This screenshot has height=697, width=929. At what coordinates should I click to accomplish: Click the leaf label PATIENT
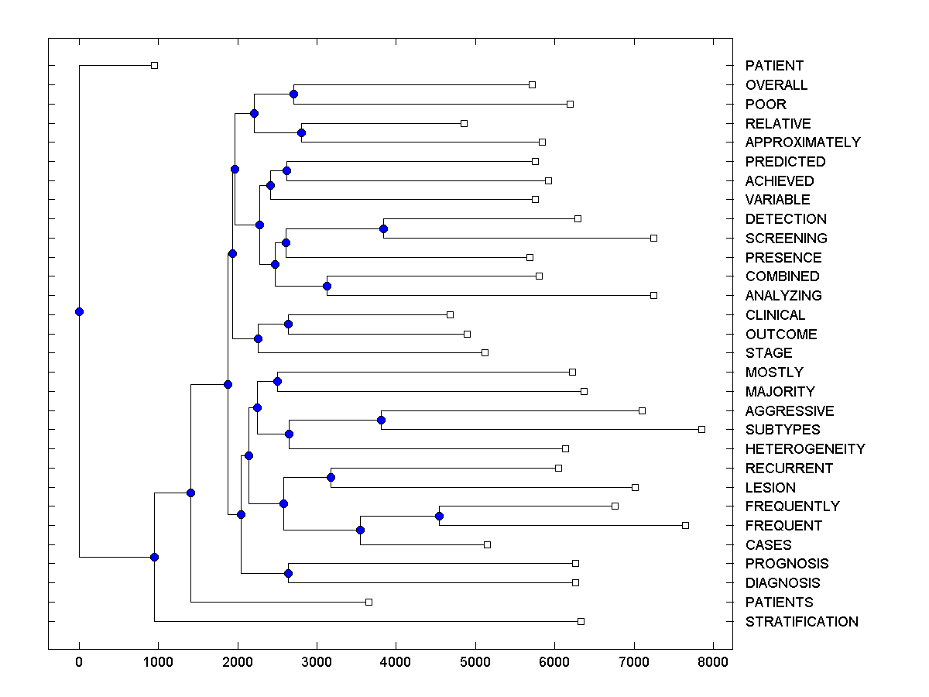pos(774,66)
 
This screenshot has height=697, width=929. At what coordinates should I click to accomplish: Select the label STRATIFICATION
pos(801,621)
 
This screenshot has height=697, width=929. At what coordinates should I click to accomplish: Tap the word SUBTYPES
pos(783,430)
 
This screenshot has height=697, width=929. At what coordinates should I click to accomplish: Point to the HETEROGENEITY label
pos(805,449)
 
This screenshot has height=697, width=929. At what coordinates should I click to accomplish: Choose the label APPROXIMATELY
pos(803,142)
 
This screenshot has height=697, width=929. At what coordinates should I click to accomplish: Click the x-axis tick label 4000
pos(396,662)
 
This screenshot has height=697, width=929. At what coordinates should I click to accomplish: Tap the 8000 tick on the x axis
pos(713,662)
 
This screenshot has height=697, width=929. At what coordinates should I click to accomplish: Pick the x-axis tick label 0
pos(79,662)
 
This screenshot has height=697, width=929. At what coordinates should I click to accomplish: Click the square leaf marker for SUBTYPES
pos(701,429)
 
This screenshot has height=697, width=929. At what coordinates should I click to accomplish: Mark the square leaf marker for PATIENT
pos(154,65)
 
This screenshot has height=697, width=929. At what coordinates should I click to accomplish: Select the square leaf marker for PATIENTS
pos(369,602)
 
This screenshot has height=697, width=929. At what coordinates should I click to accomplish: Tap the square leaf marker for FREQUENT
pos(685,525)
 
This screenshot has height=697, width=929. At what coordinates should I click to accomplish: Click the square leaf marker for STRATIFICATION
pos(581,621)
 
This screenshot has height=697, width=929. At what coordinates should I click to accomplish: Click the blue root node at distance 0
pos(79,311)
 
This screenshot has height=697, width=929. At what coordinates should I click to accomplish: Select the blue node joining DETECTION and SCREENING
pos(383,228)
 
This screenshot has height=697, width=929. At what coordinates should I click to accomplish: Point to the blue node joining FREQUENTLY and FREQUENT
pos(439,516)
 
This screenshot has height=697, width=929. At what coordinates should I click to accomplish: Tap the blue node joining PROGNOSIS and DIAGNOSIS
pos(288,573)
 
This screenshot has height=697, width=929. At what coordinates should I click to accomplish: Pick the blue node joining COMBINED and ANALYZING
pos(327,286)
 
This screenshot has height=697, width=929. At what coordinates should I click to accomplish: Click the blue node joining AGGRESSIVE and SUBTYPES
pos(381,420)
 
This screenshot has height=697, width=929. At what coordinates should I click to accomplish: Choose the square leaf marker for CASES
pos(487,544)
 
